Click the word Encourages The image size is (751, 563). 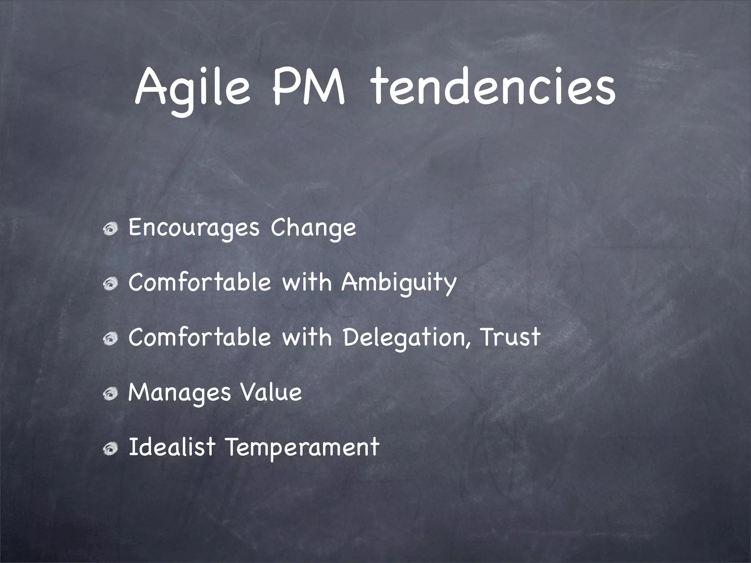(194, 228)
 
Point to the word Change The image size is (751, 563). (313, 228)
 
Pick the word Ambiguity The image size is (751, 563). (399, 283)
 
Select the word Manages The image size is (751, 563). (179, 393)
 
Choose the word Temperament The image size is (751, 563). (301, 448)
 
